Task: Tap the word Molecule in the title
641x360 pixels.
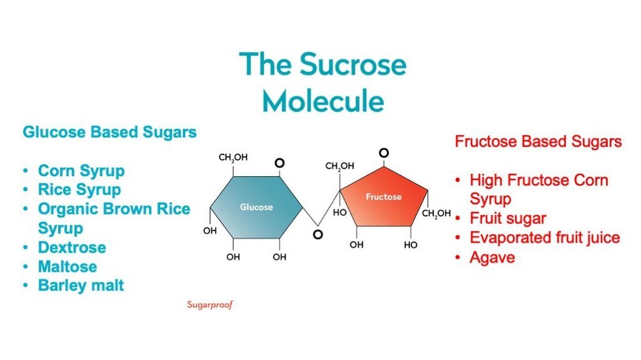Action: coord(323,100)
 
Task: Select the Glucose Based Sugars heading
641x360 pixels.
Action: coord(109,132)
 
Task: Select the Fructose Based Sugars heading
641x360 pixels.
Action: coord(538,142)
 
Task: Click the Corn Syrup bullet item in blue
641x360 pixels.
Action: coord(81,171)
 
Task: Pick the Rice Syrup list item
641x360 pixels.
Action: coord(79,190)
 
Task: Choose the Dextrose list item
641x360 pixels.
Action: coord(72,247)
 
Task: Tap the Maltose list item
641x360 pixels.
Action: coord(67,266)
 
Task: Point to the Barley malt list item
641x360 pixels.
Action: coord(81,285)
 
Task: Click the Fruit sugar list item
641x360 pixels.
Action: coord(507,218)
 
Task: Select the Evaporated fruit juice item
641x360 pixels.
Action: coord(544,238)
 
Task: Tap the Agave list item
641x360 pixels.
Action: coord(492,257)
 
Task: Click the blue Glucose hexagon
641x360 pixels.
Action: coord(256,207)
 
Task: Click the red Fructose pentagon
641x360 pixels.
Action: coord(383,199)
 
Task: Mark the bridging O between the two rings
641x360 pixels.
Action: coord(318,234)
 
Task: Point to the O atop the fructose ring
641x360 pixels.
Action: coord(384,154)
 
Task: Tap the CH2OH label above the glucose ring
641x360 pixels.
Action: coord(233,158)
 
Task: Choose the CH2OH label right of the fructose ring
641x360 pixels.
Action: coord(436,214)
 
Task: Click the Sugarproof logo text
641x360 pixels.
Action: coord(210,305)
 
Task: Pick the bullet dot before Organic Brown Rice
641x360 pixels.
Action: coord(26,209)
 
